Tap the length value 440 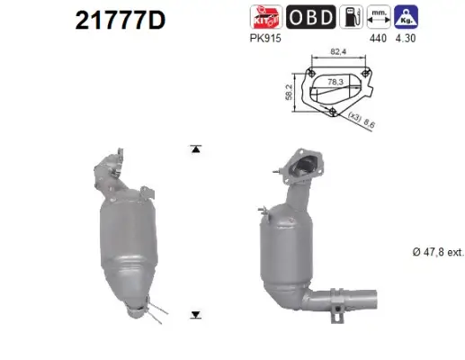tap(380, 40)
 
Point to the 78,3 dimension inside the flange tap(336, 81)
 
